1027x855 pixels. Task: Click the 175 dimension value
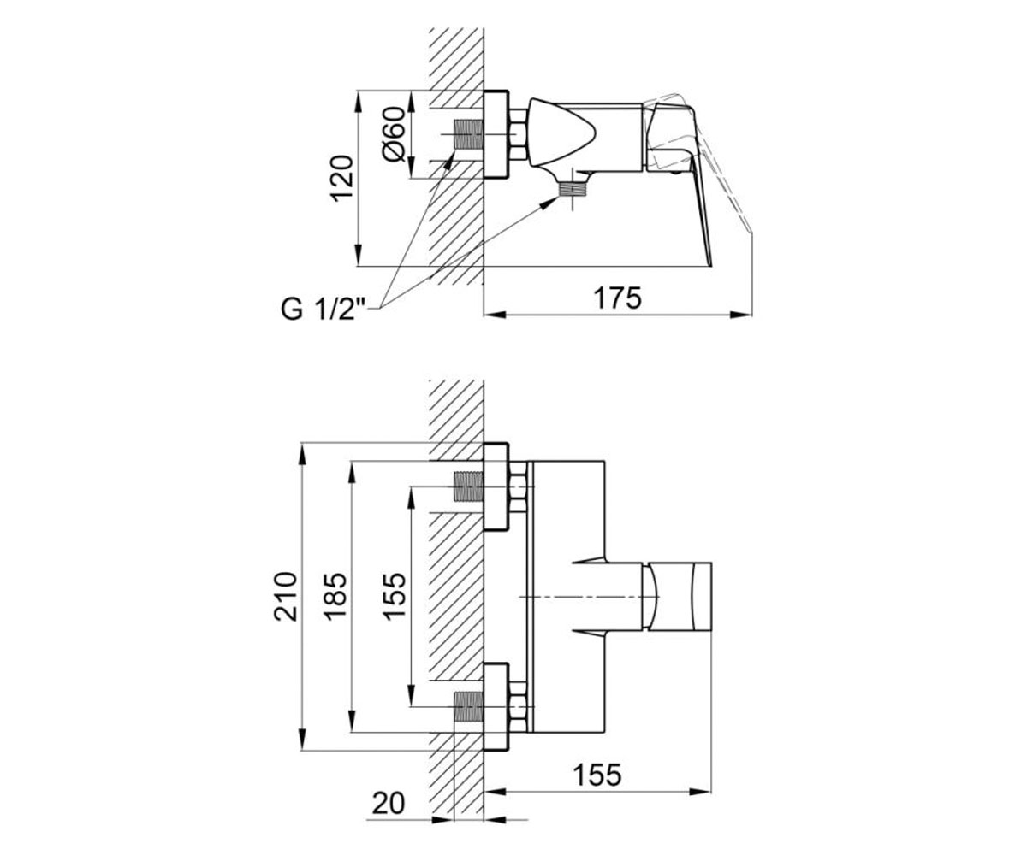618,298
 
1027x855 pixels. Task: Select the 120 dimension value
341,178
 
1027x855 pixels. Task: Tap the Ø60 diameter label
394,133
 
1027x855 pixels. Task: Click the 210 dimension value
286,597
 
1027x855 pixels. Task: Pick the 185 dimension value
335,597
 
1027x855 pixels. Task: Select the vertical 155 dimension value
395,597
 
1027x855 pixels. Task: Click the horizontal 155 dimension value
597,775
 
